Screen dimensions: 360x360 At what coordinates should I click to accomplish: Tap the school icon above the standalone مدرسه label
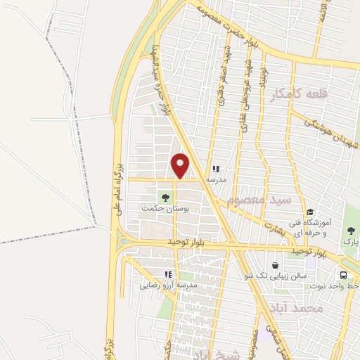(216, 169)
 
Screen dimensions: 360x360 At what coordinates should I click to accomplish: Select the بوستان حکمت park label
(160, 209)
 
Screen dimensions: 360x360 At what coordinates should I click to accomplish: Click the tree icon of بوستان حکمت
(166, 198)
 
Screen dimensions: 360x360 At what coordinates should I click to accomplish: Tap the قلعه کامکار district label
(297, 95)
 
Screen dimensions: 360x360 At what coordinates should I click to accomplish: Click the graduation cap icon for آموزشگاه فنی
(309, 212)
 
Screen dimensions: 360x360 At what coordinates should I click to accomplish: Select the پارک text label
(350, 241)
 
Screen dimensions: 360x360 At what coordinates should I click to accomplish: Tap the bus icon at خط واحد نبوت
(344, 275)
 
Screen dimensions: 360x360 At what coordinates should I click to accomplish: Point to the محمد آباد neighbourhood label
(299, 308)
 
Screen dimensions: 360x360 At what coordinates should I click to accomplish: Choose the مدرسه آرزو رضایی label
(168, 285)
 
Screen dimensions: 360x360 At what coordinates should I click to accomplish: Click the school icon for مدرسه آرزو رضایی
(167, 274)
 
